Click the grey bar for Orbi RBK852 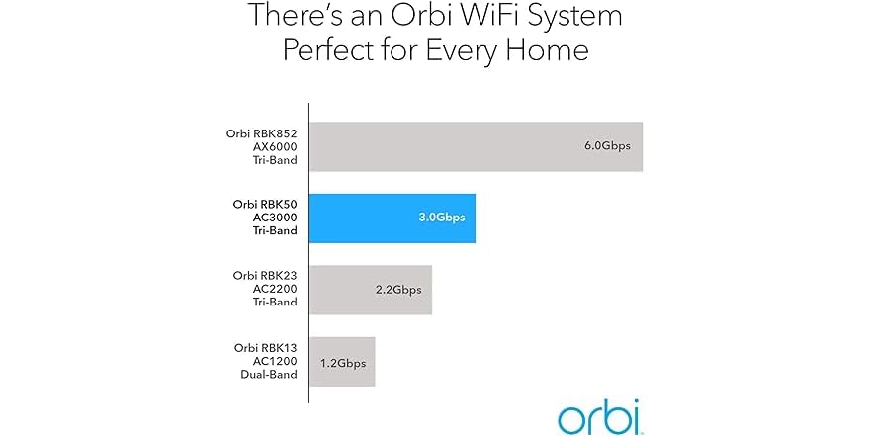click(x=476, y=146)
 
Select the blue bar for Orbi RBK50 click(x=392, y=218)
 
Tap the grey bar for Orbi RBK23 click(x=371, y=290)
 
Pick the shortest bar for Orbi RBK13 click(x=342, y=362)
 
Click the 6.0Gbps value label click(x=607, y=146)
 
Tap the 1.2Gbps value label click(x=343, y=363)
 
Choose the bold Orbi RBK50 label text click(x=265, y=204)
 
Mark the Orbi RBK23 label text click(x=265, y=275)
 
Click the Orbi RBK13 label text click(x=265, y=347)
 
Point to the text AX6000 click(x=275, y=146)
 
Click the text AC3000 click(x=274, y=218)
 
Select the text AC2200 click(x=275, y=290)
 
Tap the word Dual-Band click(x=270, y=377)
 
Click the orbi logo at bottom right click(x=598, y=416)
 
